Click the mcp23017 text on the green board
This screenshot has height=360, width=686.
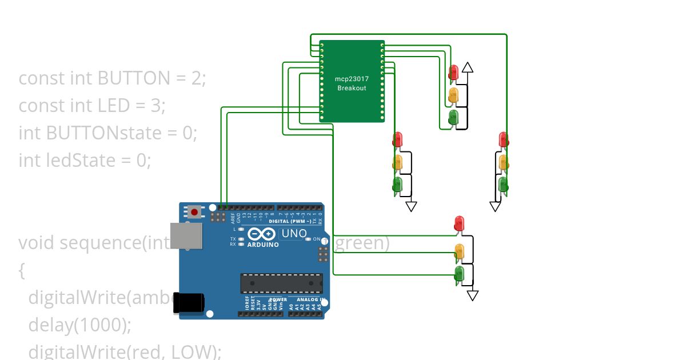coord(352,79)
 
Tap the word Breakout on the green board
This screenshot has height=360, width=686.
coord(352,88)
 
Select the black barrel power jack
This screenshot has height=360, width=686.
coord(189,302)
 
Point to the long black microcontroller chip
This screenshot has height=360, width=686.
coord(281,283)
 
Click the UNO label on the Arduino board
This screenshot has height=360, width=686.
coord(294,234)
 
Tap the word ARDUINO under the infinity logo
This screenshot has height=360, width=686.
coord(263,245)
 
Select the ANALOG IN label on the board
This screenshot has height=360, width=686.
coord(311,299)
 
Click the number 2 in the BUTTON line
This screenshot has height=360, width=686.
coord(196,78)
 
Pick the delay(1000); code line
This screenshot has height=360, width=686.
coord(80,325)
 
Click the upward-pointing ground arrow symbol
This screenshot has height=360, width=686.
coord(468,68)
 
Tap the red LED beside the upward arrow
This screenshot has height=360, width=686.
coord(453,71)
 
